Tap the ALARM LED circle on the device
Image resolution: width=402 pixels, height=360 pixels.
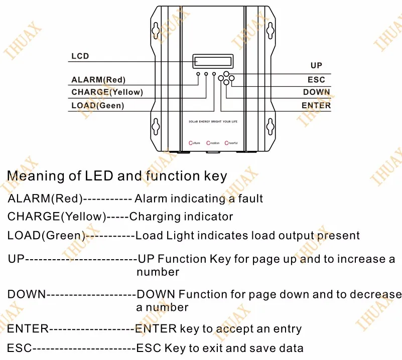pos(198,74)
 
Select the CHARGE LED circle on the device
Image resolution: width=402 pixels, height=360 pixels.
pos(206,74)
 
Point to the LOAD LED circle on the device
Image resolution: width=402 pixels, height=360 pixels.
pos(214,74)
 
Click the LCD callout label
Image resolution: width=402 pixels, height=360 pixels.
pos(80,56)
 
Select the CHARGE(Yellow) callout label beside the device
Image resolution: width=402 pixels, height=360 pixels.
pos(107,92)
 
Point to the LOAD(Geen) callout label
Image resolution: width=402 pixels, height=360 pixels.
pos(97,105)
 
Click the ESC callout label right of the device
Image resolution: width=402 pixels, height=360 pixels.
pos(316,80)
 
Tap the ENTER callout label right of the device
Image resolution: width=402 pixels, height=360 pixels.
pos(316,105)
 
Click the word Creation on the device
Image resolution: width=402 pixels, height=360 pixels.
pos(213,143)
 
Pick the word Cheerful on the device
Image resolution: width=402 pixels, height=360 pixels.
pos(231,143)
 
